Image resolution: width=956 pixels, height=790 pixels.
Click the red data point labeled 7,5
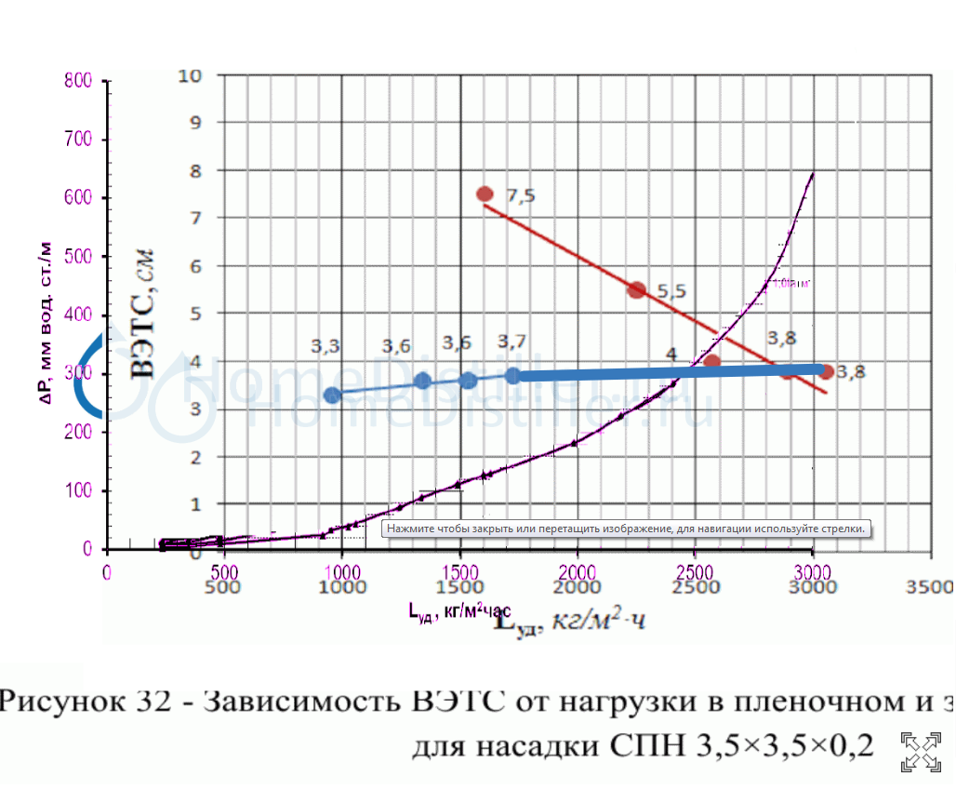click(485, 194)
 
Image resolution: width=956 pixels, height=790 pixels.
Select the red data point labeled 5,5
click(636, 290)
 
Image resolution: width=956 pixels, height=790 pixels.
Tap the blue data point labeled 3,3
click(332, 395)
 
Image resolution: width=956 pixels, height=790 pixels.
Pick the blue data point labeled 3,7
click(513, 375)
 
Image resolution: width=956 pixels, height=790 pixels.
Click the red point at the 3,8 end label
click(826, 371)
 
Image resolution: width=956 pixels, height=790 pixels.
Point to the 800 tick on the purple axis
click(78, 81)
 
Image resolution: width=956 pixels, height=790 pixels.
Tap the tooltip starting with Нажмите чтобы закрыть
click(626, 529)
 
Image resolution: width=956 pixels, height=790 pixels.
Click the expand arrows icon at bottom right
click(920, 751)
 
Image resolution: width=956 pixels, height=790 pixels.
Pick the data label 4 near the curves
click(671, 353)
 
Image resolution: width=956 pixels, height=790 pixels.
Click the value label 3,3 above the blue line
click(325, 346)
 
